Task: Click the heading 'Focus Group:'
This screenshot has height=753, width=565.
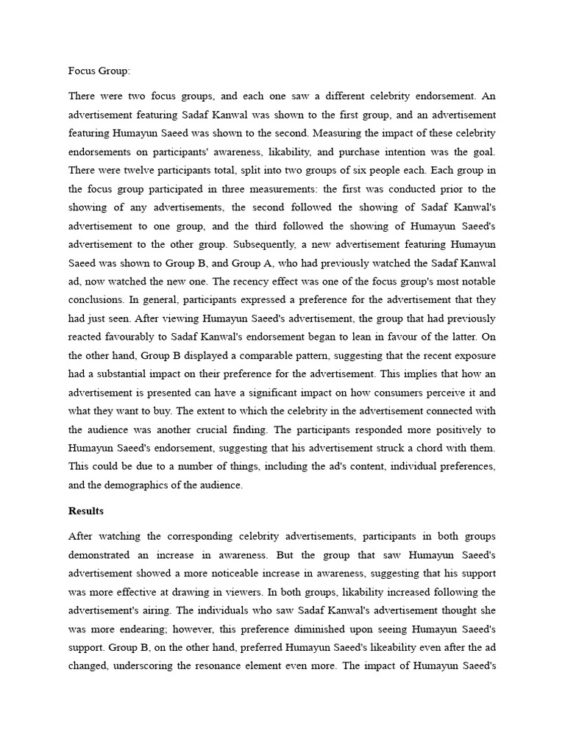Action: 99,72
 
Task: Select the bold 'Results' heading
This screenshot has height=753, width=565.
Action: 86,510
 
